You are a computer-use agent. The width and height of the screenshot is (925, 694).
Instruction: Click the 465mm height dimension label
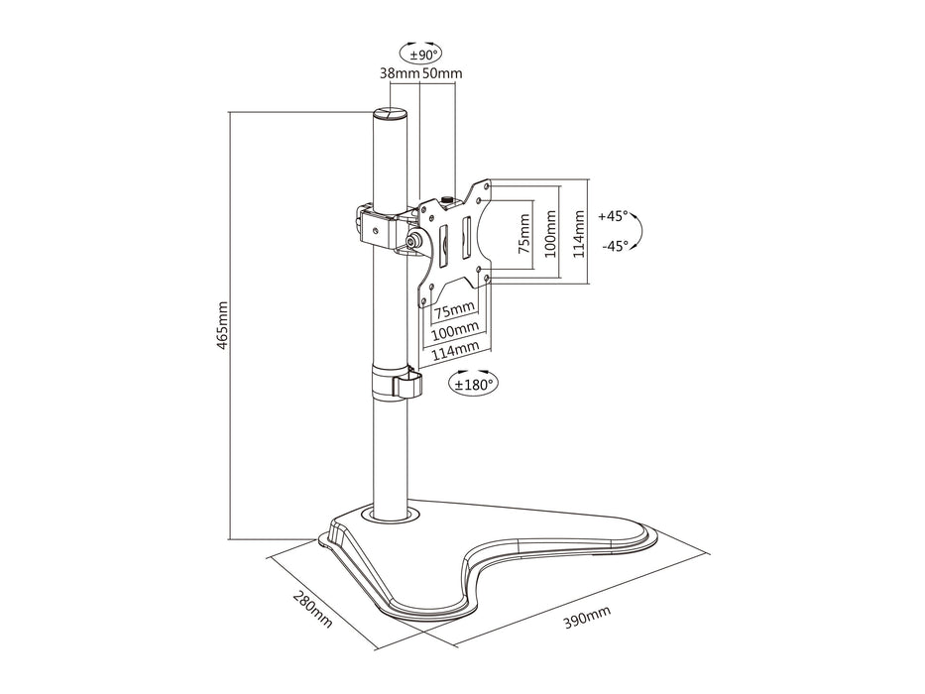(223, 325)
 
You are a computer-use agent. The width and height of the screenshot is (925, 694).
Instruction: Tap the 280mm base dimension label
(310, 612)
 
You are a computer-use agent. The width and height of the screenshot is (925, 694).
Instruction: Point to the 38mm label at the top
(399, 73)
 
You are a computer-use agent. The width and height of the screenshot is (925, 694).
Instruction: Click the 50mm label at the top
(442, 73)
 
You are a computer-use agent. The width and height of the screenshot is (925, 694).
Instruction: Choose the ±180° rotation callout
(473, 384)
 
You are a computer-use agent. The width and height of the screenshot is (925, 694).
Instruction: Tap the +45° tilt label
(615, 215)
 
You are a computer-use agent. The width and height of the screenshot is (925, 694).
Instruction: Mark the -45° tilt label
(615, 246)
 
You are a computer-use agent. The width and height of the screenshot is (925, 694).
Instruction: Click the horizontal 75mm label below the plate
(454, 311)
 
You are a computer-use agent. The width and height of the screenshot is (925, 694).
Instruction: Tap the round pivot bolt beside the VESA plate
(413, 240)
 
